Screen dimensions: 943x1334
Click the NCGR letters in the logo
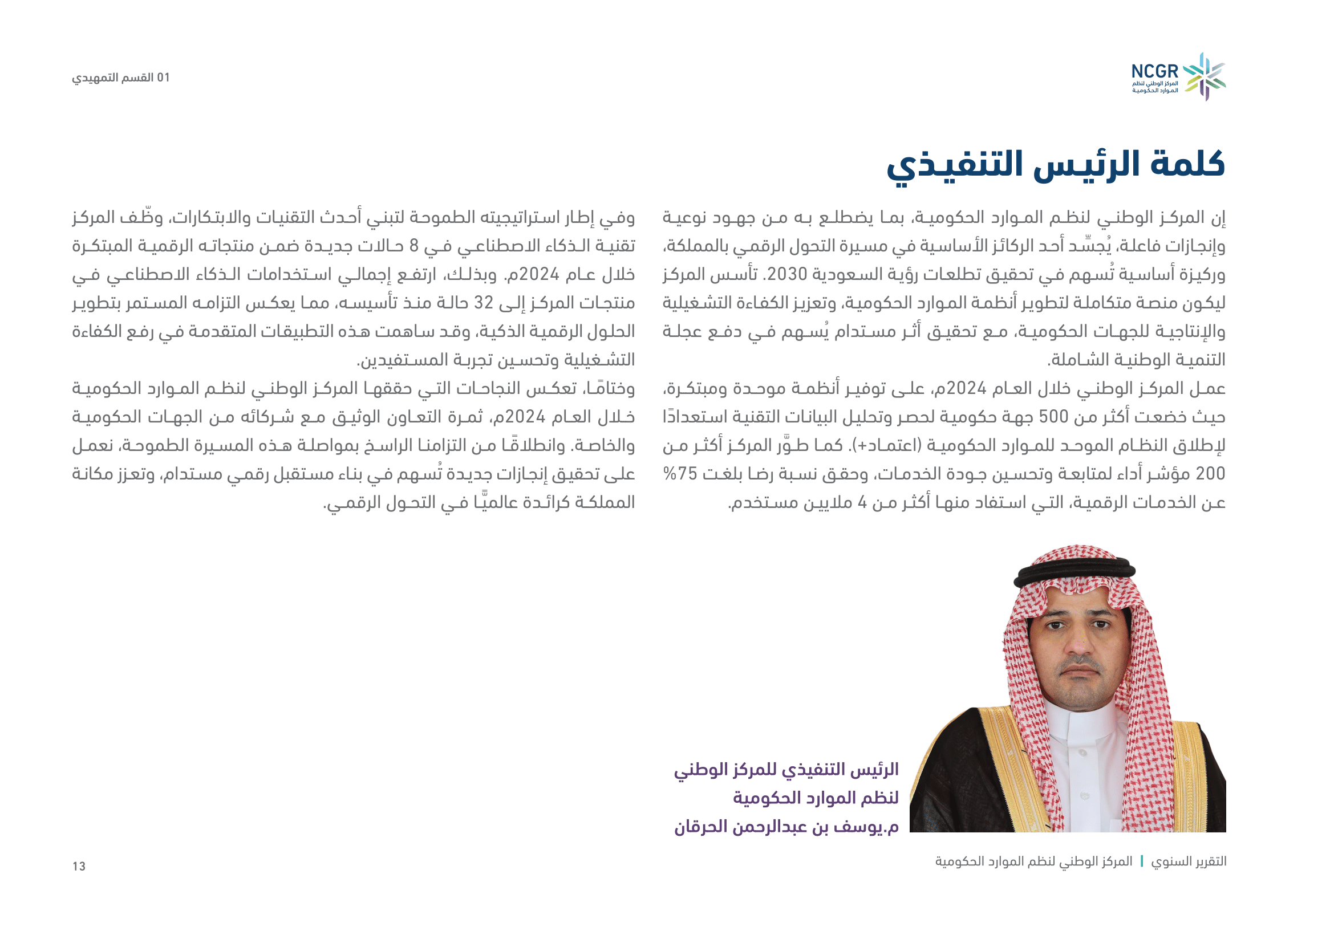point(1154,72)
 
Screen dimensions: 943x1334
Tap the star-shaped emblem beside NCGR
point(1205,76)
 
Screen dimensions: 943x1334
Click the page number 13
point(79,867)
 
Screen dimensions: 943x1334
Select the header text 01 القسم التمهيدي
point(121,78)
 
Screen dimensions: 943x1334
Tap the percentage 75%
point(680,474)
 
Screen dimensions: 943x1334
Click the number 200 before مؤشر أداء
point(1210,474)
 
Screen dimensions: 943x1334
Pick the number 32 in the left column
point(484,303)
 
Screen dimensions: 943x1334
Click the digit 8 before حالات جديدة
point(413,246)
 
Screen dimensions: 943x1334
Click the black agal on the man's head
point(1075,572)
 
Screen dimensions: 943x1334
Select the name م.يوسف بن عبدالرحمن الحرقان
point(786,826)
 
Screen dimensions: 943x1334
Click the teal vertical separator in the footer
point(1142,861)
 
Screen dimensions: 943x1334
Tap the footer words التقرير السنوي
point(1189,861)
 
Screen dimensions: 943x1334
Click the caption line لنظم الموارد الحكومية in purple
point(815,798)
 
